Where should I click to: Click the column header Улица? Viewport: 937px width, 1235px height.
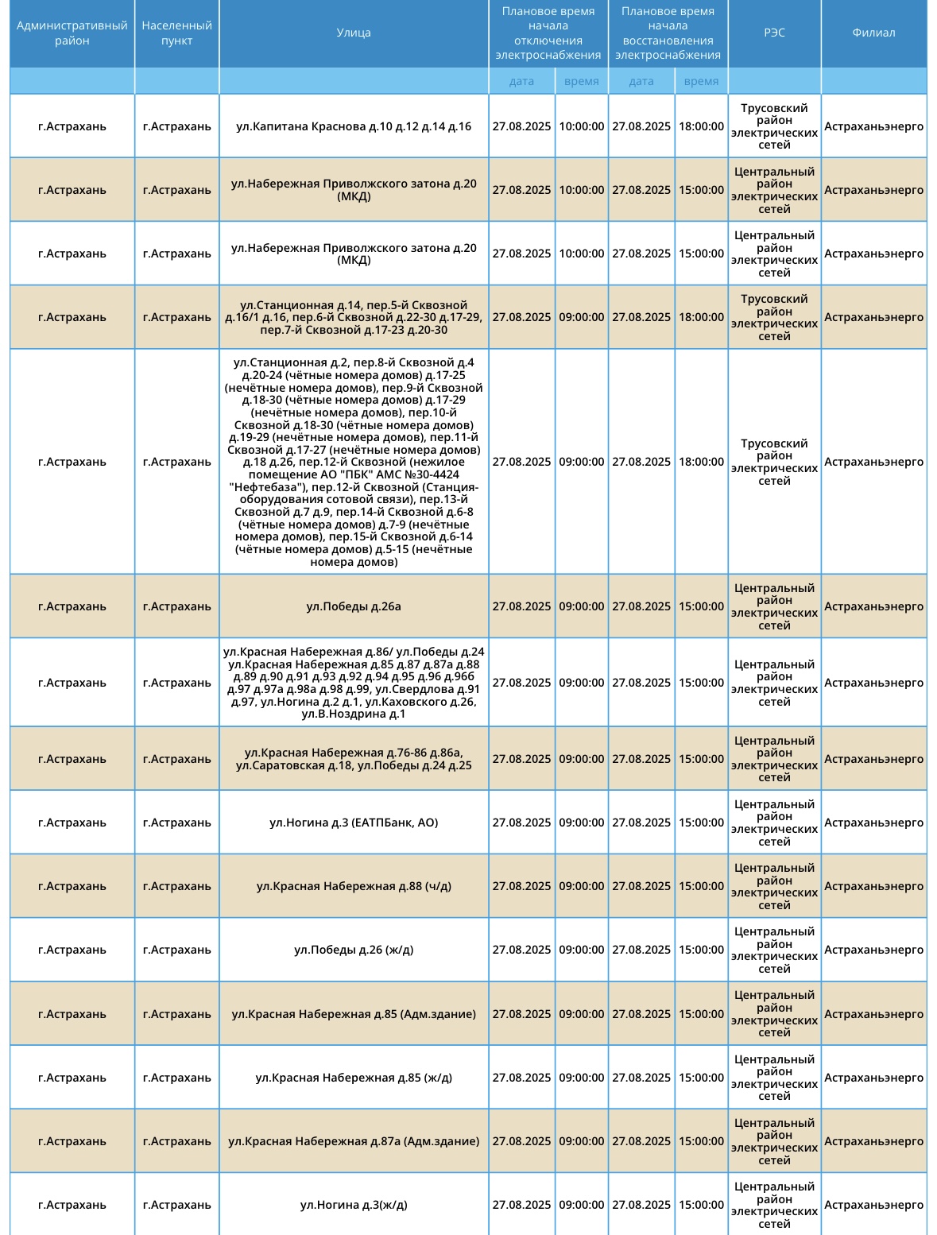click(x=354, y=33)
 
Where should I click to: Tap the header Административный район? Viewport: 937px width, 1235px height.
click(x=72, y=33)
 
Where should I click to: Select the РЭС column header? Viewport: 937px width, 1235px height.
click(x=774, y=33)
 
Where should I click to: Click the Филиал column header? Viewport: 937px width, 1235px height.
click(x=873, y=33)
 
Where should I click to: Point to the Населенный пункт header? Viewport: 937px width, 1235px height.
click(x=176, y=33)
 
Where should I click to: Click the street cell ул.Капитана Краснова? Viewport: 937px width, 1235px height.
click(x=354, y=126)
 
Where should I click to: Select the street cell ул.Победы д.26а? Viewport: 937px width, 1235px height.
click(x=354, y=606)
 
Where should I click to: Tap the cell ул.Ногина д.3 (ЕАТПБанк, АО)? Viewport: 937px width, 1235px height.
click(x=354, y=823)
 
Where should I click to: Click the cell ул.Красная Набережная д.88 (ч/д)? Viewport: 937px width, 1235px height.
click(x=354, y=886)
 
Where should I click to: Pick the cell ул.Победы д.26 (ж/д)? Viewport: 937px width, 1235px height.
click(x=354, y=950)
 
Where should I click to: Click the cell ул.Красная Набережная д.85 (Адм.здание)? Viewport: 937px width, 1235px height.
click(x=354, y=1014)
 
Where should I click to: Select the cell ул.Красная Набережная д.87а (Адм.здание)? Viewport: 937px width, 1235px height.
click(x=354, y=1141)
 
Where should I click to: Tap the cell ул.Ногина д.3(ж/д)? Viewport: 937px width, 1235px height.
click(x=354, y=1205)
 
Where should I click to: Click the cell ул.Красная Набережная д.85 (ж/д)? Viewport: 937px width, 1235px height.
click(x=354, y=1078)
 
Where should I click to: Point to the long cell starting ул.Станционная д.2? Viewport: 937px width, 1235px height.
click(x=354, y=462)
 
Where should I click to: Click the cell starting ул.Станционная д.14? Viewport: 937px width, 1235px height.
click(x=354, y=317)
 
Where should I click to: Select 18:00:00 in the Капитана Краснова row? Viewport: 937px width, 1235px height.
click(x=701, y=126)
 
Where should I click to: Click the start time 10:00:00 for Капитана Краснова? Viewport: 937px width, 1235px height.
click(x=582, y=126)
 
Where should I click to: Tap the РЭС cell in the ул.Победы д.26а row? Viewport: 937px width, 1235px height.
click(x=774, y=606)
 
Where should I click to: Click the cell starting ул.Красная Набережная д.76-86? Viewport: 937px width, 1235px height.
click(x=354, y=759)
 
